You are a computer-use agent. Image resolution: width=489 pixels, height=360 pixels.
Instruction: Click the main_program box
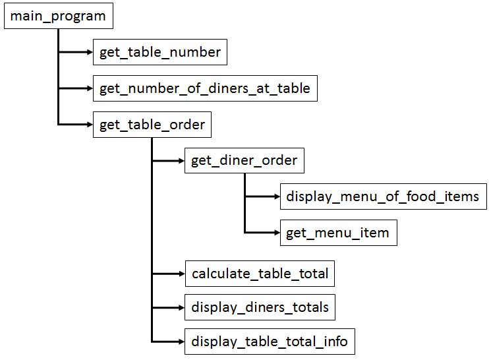point(58,16)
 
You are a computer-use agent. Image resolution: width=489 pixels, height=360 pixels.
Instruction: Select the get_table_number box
point(160,52)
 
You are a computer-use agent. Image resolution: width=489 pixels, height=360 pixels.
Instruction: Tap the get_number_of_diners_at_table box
point(205,88)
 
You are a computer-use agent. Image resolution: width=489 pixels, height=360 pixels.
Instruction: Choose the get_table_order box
point(152,125)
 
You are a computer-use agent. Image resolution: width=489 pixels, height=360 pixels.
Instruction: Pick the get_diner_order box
point(244,160)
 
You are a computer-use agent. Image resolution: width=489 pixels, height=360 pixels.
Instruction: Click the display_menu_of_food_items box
point(383,196)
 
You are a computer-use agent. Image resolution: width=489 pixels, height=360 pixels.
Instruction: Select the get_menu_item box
point(338,233)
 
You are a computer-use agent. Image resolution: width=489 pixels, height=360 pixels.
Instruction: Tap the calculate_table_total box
point(260,273)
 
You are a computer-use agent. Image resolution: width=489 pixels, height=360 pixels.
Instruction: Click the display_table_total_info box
point(270,342)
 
